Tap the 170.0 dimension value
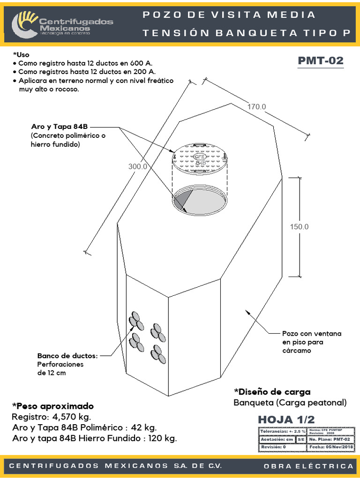click(256, 106)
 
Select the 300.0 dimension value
click(138, 166)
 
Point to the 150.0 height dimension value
click(299, 226)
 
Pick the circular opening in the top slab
click(200, 199)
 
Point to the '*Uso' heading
click(21, 54)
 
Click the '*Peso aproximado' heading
click(52, 406)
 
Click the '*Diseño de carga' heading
click(272, 392)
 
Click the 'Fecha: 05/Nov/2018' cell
click(331, 447)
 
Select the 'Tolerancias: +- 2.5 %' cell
click(282, 431)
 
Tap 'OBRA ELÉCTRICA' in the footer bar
click(308, 466)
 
